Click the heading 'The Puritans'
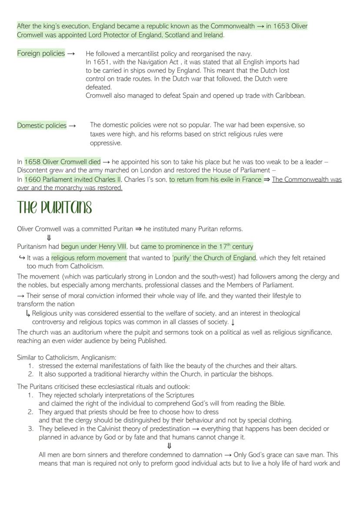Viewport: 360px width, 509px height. coord(54,208)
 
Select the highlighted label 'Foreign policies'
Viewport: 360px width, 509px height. coord(41,53)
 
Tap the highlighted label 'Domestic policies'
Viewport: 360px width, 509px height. coord(42,126)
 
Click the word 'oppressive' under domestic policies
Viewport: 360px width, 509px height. coord(106,143)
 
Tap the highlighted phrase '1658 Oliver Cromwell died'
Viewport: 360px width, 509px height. coord(63,162)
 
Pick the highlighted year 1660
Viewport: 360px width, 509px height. coord(33,179)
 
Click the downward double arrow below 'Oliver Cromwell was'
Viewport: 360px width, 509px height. coord(49,237)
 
